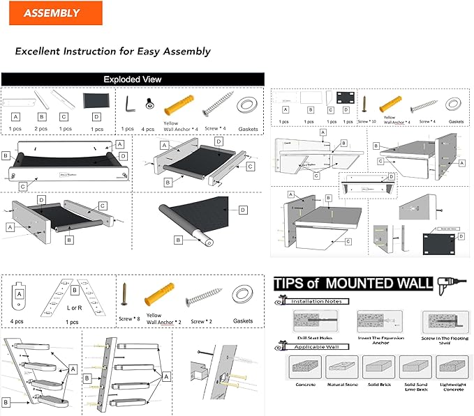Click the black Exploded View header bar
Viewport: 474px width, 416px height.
pos(133,79)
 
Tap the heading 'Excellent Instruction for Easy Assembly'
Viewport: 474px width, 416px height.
pos(112,52)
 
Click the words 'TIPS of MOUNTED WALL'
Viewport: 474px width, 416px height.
pos(353,284)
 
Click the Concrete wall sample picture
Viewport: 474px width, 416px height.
pos(304,367)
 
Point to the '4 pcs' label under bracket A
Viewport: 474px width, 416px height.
pos(18,321)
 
